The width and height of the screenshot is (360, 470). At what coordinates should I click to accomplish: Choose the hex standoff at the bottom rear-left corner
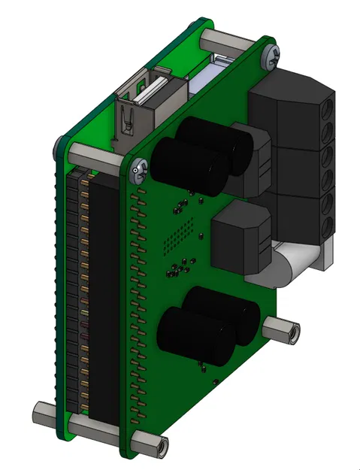pos(44,413)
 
